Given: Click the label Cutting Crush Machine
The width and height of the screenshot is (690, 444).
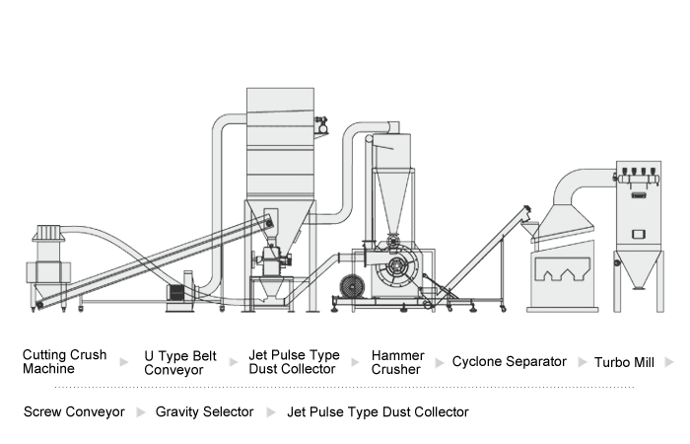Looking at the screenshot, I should coord(63,362).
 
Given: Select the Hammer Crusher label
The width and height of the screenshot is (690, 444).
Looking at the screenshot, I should coord(396,362).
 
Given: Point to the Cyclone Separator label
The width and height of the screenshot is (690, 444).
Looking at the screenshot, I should coord(510,362).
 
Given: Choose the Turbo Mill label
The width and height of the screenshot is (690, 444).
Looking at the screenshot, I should coord(624,362).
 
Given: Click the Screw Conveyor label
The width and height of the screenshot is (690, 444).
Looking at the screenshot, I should coord(74,411).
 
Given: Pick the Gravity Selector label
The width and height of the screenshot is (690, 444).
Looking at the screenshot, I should coord(204,411).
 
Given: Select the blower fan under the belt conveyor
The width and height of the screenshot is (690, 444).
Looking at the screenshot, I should coord(177,293).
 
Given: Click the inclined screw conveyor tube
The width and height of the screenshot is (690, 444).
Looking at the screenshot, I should coord(487,247).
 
